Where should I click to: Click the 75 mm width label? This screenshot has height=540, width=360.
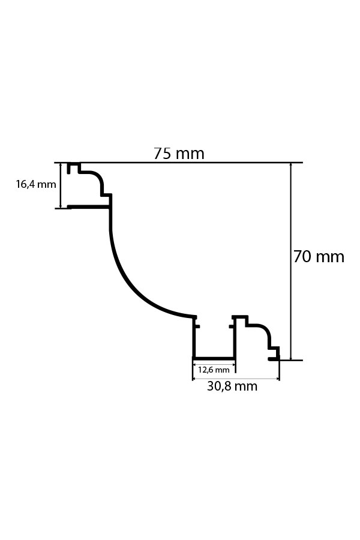(x=179, y=153)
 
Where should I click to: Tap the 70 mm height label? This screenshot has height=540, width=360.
(x=319, y=257)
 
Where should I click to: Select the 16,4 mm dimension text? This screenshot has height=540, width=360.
(x=36, y=184)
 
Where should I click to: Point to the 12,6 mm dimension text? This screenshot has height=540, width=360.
(x=214, y=370)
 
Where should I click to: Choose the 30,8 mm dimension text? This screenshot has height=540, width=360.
(x=232, y=386)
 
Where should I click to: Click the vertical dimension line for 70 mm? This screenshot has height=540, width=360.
(x=291, y=262)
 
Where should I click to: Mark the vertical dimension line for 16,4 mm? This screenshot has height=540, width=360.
(x=61, y=185)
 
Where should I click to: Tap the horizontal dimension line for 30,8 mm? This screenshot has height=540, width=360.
(x=236, y=379)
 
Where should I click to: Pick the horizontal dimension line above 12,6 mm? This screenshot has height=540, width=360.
(x=214, y=363)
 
